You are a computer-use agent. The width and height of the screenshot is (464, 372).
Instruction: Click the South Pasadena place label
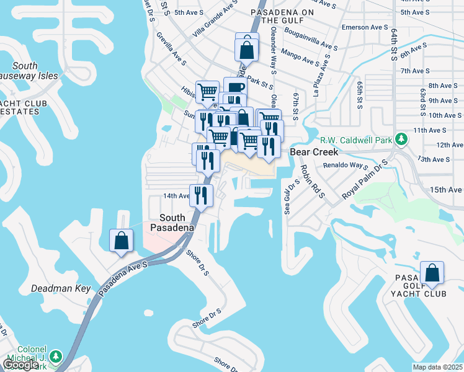172,223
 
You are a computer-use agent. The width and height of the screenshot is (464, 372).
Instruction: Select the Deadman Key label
61,289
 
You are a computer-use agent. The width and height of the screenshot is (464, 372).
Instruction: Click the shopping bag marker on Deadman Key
122,240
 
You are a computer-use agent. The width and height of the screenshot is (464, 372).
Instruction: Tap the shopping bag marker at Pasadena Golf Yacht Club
432,272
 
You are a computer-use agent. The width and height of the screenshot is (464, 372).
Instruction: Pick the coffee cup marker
234,88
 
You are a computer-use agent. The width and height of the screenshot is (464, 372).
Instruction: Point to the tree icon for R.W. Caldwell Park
401,138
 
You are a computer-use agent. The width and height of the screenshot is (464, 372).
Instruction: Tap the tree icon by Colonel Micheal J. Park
56,356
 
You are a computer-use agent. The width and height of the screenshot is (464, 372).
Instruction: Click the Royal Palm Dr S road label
364,180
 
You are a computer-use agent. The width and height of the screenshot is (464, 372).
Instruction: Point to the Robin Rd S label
311,180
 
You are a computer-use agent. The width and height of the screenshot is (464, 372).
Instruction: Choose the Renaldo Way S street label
345,166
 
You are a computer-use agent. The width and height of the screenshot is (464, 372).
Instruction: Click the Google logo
20,364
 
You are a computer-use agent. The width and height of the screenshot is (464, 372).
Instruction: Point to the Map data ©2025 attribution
438,367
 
